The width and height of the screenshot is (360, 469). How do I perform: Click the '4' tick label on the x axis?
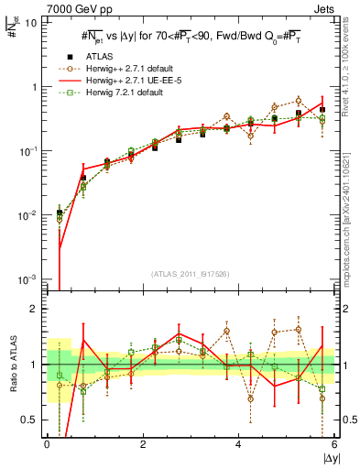pos(239,445)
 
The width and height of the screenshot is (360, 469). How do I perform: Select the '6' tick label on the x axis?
pos(335,445)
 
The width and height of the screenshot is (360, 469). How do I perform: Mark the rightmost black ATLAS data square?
pos(322,110)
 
